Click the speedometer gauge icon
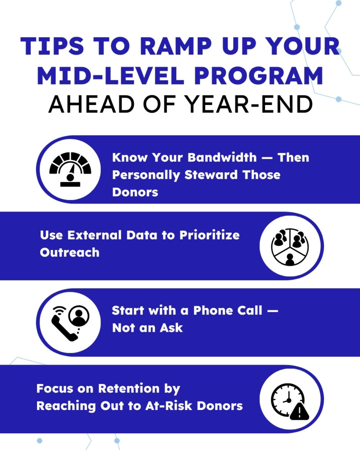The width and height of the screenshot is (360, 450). [70, 169]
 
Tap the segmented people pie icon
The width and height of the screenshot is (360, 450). [290, 247]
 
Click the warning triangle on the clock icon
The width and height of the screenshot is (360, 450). [299, 411]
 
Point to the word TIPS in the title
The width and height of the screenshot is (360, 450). [52, 46]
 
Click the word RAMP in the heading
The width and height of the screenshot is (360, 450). [176, 46]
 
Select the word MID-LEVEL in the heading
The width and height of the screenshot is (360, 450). [110, 76]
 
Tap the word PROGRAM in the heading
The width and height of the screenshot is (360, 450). [258, 76]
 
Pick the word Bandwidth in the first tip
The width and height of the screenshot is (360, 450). [222, 157]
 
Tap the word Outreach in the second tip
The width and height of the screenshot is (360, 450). [70, 253]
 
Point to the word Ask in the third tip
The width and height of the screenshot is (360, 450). [171, 328]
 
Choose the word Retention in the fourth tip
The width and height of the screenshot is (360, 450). [129, 388]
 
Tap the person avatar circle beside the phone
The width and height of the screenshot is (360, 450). [79, 316]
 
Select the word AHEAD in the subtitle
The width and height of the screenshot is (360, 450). [91, 104]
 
